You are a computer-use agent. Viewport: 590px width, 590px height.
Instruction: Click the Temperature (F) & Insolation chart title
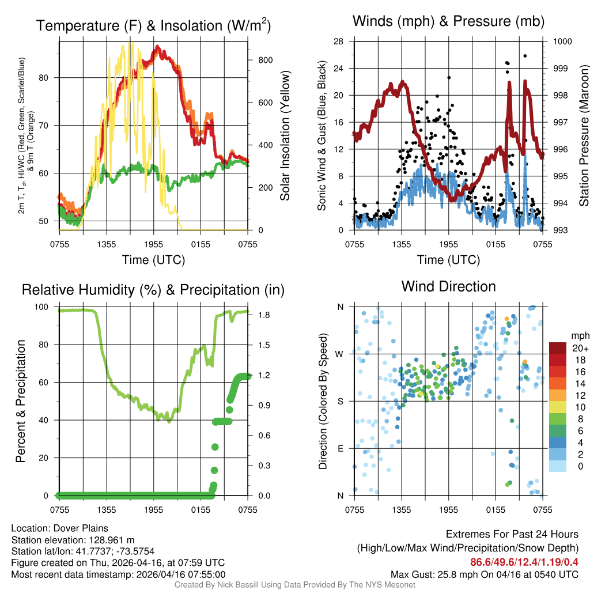point(154,26)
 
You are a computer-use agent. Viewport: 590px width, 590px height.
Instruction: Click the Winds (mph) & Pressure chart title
point(448,21)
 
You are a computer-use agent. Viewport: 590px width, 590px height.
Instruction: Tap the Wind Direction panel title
point(448,286)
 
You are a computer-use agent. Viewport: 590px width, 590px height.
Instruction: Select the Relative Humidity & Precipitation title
point(153,290)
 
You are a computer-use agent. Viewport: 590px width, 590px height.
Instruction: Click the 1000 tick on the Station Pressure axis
point(562,41)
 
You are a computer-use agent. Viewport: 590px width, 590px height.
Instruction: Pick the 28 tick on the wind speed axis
point(339,41)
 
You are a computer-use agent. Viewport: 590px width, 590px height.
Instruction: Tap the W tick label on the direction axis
point(341,354)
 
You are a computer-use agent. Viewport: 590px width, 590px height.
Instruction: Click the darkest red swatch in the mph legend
point(558,348)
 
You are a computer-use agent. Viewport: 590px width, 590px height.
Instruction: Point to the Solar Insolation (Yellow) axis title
point(285,136)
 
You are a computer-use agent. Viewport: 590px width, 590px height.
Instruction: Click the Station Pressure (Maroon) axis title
point(583,136)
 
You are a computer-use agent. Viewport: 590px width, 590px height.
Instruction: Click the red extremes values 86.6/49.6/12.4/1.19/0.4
point(524,562)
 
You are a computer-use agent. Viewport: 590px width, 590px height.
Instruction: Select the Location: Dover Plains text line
point(59,528)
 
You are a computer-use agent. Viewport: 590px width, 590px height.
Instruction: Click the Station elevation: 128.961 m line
point(73,539)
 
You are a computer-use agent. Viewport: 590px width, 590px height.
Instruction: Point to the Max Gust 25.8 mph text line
point(484,574)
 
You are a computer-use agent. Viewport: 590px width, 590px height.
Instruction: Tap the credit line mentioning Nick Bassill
point(294,585)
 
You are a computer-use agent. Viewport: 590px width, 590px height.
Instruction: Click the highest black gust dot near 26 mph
point(525,56)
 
